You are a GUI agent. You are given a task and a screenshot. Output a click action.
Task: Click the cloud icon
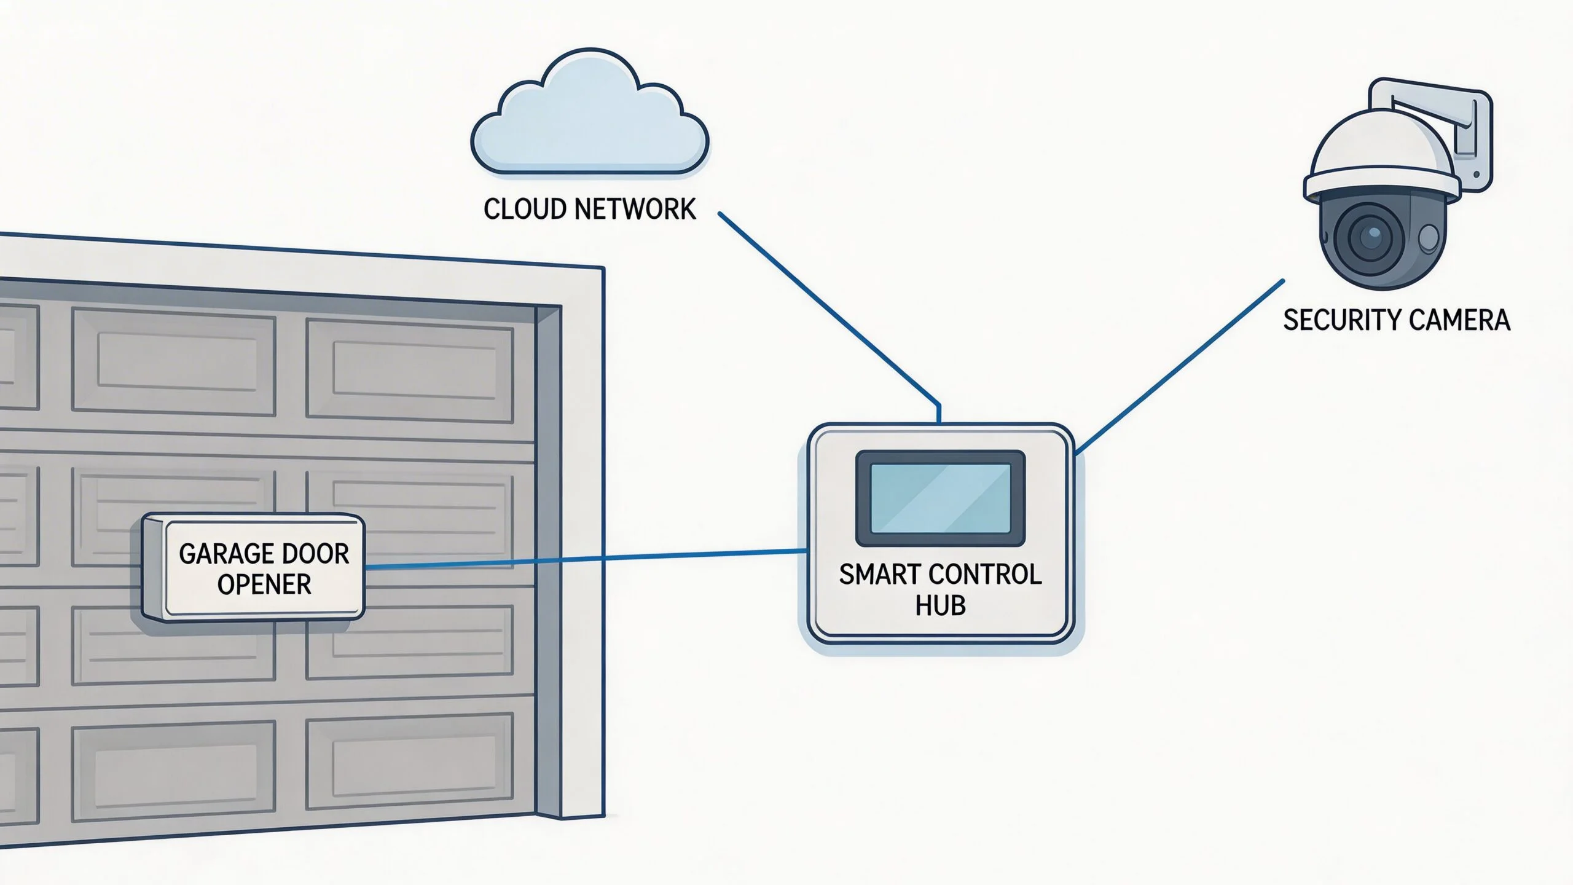pos(590,117)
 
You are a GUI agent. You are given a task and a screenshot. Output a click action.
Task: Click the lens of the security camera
pos(1370,235)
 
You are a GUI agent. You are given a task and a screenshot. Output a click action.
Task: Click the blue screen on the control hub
pos(940,498)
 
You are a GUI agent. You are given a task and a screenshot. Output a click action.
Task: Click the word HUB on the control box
pos(940,605)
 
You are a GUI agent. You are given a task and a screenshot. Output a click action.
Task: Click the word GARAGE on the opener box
pos(218,554)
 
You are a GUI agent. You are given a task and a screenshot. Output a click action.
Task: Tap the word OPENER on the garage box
pos(264,584)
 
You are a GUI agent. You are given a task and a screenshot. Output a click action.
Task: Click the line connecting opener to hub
pos(584,559)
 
